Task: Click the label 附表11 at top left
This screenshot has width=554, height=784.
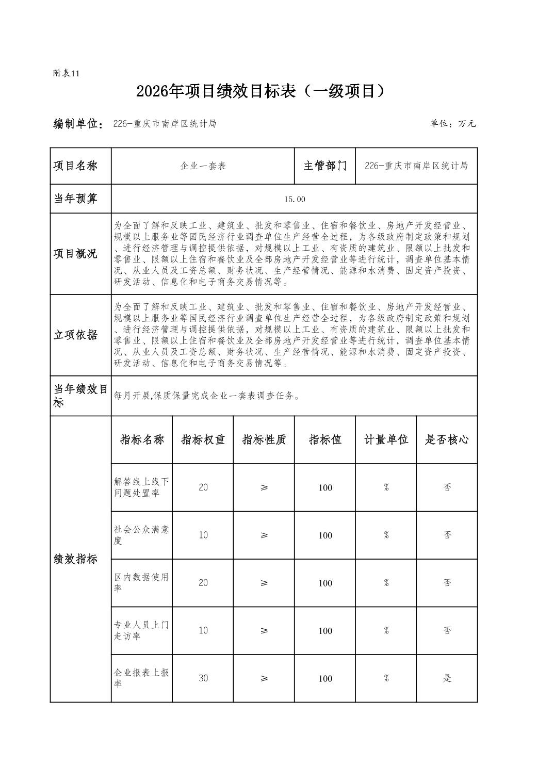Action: (x=66, y=73)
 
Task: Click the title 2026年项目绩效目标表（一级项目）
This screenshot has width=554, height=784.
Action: (x=261, y=91)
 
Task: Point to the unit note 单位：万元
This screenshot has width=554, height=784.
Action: (x=452, y=124)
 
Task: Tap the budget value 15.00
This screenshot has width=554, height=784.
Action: (x=295, y=199)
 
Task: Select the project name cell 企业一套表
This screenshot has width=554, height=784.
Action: (x=203, y=166)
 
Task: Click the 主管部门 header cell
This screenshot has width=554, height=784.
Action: (x=325, y=166)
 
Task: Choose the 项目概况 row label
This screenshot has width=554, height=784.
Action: (x=75, y=254)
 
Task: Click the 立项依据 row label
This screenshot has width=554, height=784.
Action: (x=75, y=335)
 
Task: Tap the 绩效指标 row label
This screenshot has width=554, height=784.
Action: (x=75, y=559)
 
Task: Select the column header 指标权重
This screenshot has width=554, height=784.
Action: (x=203, y=440)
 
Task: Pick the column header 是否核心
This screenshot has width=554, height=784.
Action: (x=447, y=440)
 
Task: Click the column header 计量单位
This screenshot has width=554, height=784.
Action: (x=386, y=440)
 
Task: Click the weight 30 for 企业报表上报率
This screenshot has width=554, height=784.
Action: (x=203, y=678)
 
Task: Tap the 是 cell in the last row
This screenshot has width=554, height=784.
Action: (x=447, y=678)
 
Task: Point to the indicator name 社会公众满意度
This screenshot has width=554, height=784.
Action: (x=141, y=535)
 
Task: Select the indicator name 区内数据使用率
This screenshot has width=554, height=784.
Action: (x=141, y=582)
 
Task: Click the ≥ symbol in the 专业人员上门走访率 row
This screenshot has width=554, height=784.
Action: (x=264, y=630)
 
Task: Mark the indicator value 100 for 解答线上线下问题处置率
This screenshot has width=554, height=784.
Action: (x=325, y=488)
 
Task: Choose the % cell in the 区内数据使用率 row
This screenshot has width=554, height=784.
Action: (x=386, y=583)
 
